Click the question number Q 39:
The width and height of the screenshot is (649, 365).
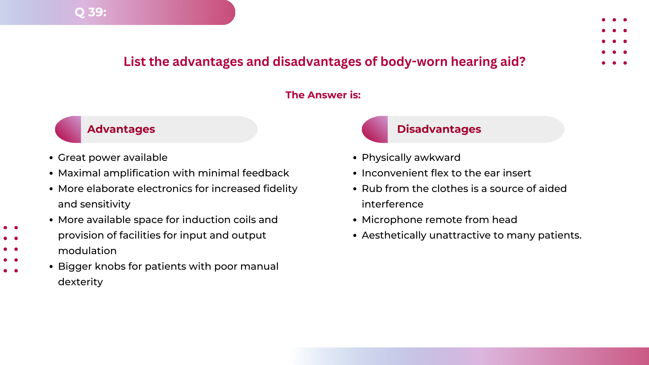pos(90,12)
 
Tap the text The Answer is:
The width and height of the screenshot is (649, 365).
pos(323,95)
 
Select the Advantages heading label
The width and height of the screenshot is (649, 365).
pos(121,129)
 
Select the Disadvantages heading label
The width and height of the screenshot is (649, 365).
pos(439,129)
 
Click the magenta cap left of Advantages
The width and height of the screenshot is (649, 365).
pos(69,129)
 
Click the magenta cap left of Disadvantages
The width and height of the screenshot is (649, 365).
pos(375,129)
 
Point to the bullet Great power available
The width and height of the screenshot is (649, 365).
pos(113,157)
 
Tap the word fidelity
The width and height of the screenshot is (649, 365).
pos(280,189)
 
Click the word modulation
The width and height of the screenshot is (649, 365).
pos(87,251)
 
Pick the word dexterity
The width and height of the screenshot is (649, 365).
pos(80,282)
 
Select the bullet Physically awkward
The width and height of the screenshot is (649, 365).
pos(411,157)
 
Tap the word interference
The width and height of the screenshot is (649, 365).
pos(392,204)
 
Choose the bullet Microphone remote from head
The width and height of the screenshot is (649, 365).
pos(439,220)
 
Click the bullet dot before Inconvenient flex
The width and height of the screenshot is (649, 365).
pos(355,173)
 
